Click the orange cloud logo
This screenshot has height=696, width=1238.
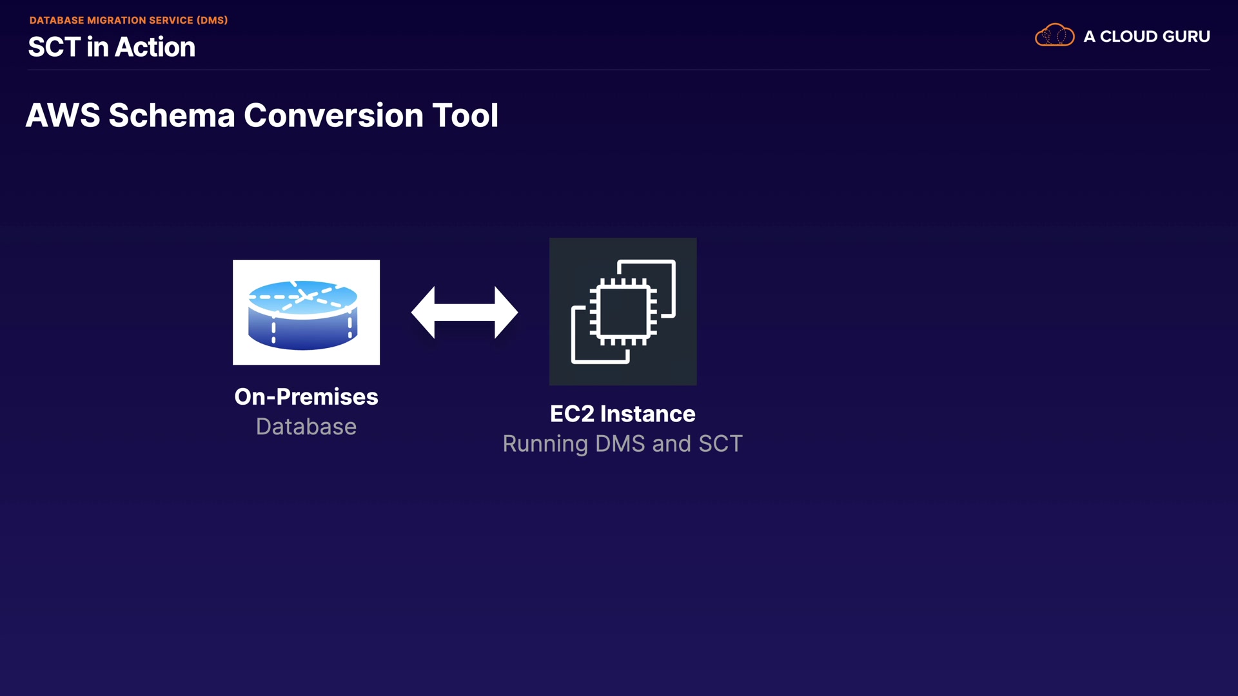[1054, 35]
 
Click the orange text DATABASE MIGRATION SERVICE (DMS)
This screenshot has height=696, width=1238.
[128, 20]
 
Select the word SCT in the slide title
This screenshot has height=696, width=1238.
[54, 47]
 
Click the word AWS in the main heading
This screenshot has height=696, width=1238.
[63, 115]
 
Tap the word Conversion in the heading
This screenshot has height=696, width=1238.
[334, 115]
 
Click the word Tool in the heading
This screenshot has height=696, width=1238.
[466, 115]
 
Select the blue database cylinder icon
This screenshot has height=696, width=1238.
[303, 315]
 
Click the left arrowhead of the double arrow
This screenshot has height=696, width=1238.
[423, 313]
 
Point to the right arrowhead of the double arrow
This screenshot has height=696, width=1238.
[506, 313]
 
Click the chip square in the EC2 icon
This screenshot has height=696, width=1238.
[623, 313]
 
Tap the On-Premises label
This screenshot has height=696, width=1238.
[306, 397]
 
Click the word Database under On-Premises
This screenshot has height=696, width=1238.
[306, 427]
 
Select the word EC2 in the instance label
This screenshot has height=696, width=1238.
[572, 414]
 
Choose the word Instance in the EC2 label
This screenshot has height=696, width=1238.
[648, 414]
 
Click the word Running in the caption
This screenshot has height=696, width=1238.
[545, 444]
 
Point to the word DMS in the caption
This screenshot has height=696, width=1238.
[620, 443]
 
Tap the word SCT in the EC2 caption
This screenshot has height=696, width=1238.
[721, 443]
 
